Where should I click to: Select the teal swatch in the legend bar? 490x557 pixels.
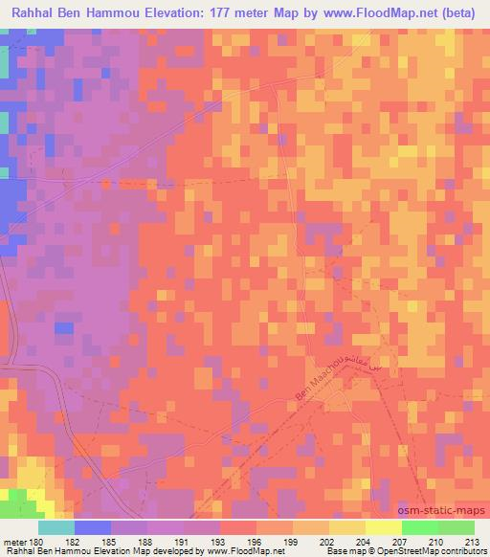pos(56,527)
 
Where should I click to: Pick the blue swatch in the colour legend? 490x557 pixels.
pos(93,527)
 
